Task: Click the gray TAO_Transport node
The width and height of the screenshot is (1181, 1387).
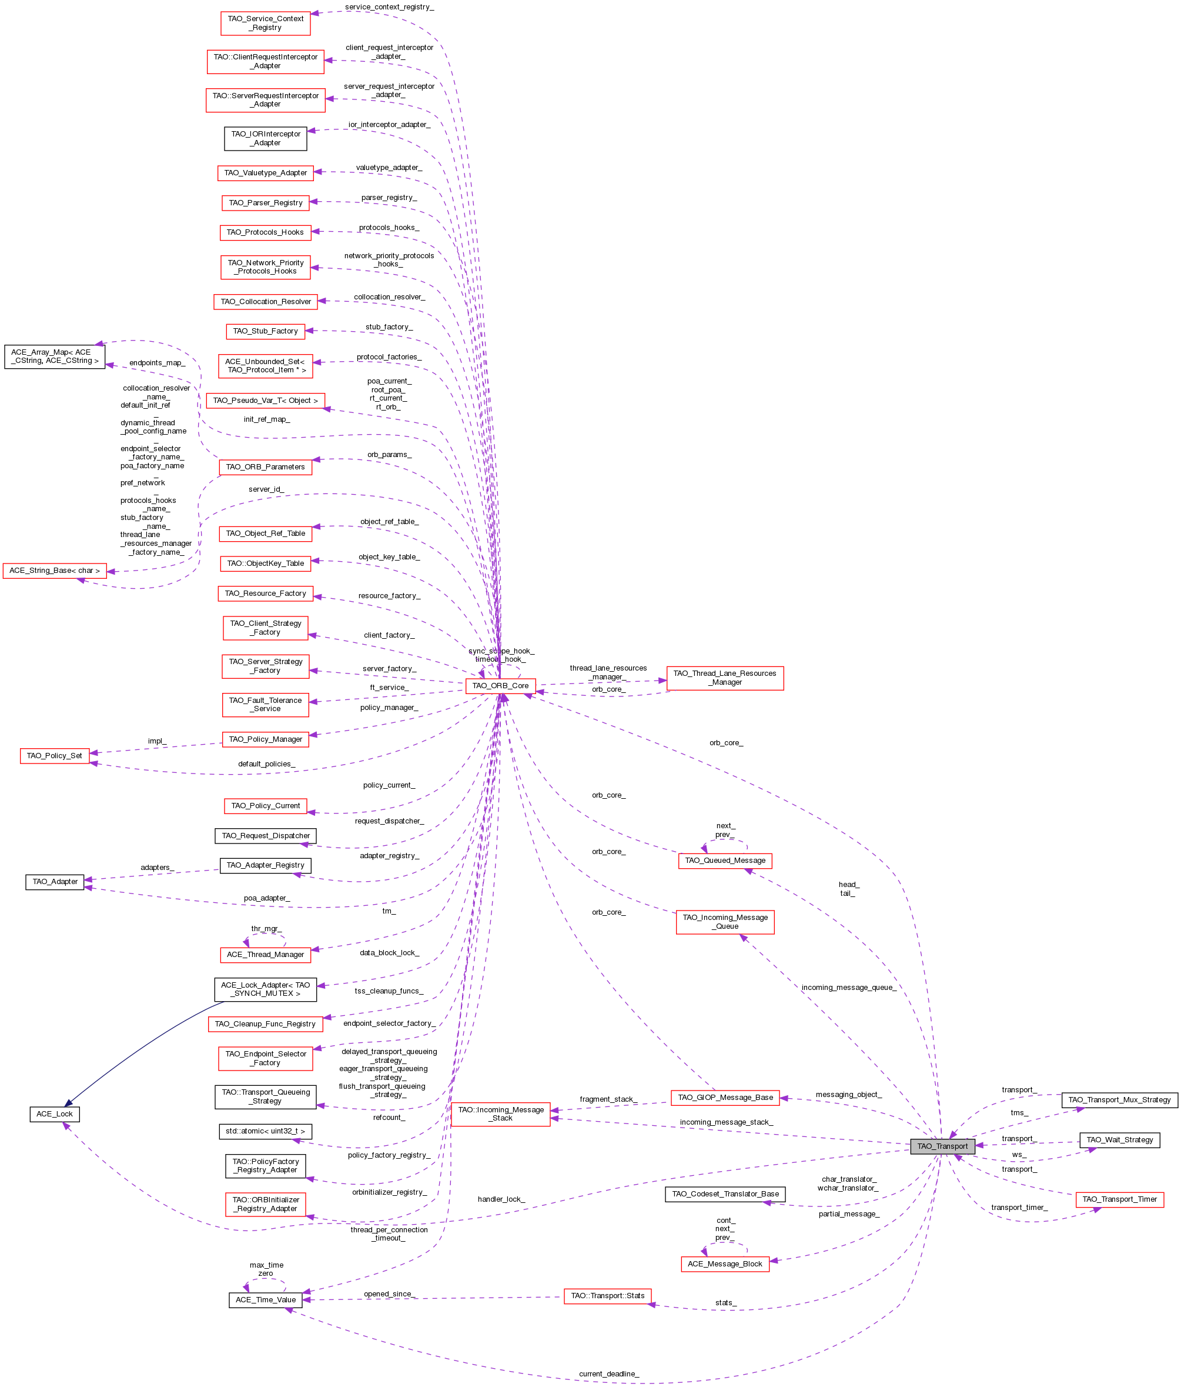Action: click(x=942, y=1146)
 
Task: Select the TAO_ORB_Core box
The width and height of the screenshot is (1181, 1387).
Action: click(x=500, y=685)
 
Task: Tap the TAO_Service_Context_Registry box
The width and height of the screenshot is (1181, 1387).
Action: click(x=265, y=23)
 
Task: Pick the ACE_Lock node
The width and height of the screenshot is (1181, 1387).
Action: click(x=54, y=1114)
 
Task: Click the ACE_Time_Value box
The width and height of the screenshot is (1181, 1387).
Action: click(x=265, y=1299)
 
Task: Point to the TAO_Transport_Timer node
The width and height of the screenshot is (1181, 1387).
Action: click(x=1119, y=1199)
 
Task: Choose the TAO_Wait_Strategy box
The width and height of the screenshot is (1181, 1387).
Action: click(x=1119, y=1139)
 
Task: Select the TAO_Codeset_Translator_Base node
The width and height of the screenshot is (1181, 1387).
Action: click(x=725, y=1193)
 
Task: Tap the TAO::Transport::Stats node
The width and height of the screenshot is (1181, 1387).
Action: click(x=607, y=1295)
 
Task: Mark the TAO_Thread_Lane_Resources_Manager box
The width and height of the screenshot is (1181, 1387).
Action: click(x=725, y=678)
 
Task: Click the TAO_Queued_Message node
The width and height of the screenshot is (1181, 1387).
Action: click(x=725, y=860)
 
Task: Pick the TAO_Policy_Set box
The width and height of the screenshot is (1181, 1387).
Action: click(x=54, y=756)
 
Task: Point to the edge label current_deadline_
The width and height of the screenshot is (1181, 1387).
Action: click(x=608, y=1373)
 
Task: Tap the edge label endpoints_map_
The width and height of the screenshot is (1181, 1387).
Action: click(x=156, y=363)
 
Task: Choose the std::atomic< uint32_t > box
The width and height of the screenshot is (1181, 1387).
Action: click(x=265, y=1131)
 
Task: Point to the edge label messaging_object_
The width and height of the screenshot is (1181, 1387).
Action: click(x=848, y=1095)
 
